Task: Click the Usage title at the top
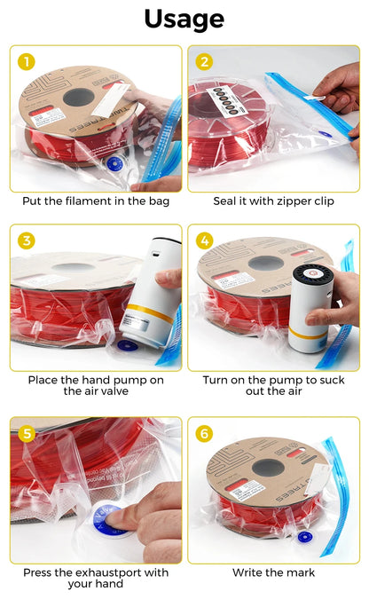184,19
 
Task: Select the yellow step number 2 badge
205,61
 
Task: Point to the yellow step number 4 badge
205,240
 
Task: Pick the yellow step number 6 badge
205,434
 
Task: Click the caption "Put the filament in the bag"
96,201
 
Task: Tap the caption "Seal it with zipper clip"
273,201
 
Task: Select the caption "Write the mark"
273,572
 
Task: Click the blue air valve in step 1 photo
114,164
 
